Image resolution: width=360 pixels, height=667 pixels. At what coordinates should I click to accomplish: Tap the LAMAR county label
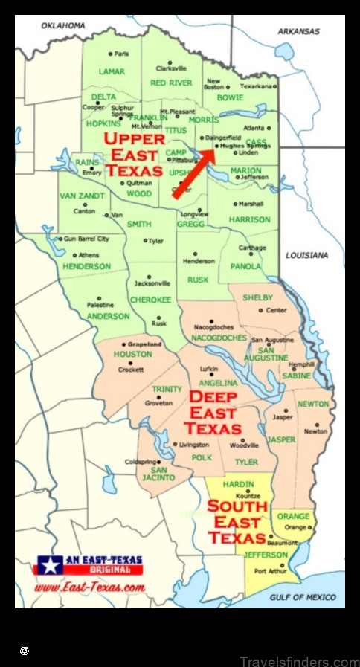click(x=112, y=72)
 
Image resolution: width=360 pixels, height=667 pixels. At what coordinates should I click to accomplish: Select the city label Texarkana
click(x=259, y=86)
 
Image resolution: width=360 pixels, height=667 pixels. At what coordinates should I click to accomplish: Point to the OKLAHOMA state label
click(x=63, y=25)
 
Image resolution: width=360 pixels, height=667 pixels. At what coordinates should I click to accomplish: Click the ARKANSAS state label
click(x=298, y=32)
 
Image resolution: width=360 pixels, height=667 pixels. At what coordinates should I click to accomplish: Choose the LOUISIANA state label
click(x=306, y=255)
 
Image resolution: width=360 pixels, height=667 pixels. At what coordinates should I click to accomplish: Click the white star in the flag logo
click(x=50, y=565)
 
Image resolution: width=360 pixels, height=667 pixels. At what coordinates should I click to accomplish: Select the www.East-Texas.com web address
click(x=89, y=587)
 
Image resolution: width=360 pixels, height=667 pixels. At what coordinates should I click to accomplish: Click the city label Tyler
click(x=156, y=241)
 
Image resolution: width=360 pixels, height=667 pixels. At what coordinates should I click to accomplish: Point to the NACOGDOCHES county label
click(x=220, y=338)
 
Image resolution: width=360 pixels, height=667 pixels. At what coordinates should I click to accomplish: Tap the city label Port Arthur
click(x=270, y=571)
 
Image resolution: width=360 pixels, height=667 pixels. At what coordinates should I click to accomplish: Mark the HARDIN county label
click(x=238, y=485)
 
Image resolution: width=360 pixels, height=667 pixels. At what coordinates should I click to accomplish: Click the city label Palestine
click(x=100, y=305)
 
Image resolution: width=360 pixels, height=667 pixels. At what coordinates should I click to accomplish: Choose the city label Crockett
click(x=131, y=370)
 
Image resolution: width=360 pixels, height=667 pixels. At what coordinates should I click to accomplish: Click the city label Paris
click(x=121, y=54)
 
